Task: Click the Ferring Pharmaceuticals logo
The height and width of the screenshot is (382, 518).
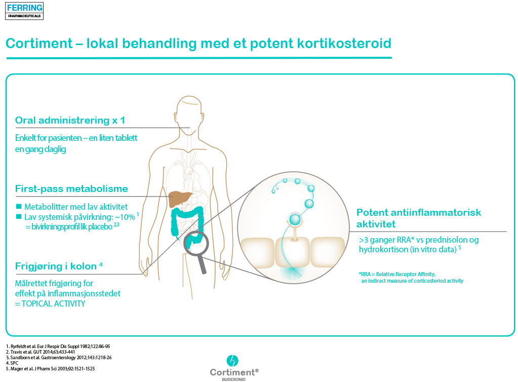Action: (24, 11)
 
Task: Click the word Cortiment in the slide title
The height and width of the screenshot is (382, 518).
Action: (39, 43)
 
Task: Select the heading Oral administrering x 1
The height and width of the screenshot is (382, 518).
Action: (70, 120)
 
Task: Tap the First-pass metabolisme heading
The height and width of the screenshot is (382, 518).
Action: (71, 188)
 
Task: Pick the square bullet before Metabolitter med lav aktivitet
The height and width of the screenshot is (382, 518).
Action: (19, 207)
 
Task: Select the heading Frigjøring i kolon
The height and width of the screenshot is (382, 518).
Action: (56, 266)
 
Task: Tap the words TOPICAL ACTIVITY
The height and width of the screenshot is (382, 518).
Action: (53, 303)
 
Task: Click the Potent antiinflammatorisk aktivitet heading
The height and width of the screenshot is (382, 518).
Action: (419, 218)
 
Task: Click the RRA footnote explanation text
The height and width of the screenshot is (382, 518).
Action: (411, 278)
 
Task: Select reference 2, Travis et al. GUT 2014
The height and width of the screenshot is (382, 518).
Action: (41, 352)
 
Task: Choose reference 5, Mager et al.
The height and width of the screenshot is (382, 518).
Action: (50, 369)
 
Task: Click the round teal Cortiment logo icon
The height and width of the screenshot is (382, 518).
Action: (232, 361)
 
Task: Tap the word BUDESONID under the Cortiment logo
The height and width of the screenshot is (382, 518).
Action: (233, 379)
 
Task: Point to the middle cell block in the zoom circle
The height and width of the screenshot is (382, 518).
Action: (292, 252)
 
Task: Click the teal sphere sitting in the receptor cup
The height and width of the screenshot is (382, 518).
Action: (295, 219)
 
